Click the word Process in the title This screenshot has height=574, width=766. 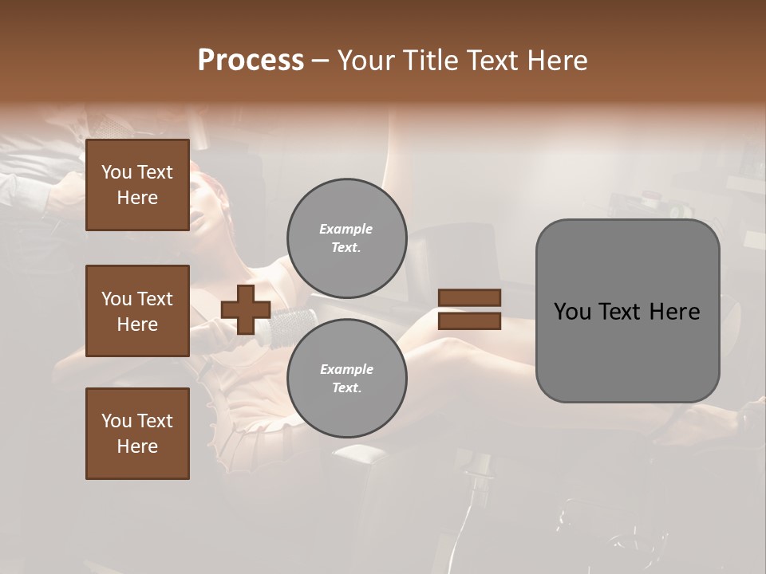(251, 61)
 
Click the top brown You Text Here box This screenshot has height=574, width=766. (137, 185)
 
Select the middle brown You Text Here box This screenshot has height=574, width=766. (137, 311)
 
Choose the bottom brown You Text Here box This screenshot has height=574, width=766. (137, 434)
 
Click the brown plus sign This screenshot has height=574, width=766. (245, 309)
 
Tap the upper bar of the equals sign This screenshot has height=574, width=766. (469, 298)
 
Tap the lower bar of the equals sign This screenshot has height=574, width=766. (469, 321)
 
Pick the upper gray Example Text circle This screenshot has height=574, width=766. (346, 238)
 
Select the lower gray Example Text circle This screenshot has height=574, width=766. (346, 379)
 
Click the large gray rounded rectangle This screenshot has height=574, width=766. (627, 311)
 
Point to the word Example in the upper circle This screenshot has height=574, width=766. (346, 229)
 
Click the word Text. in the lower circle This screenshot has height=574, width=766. (346, 388)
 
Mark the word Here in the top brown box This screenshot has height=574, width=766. (137, 198)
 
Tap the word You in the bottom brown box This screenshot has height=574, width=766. (116, 421)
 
